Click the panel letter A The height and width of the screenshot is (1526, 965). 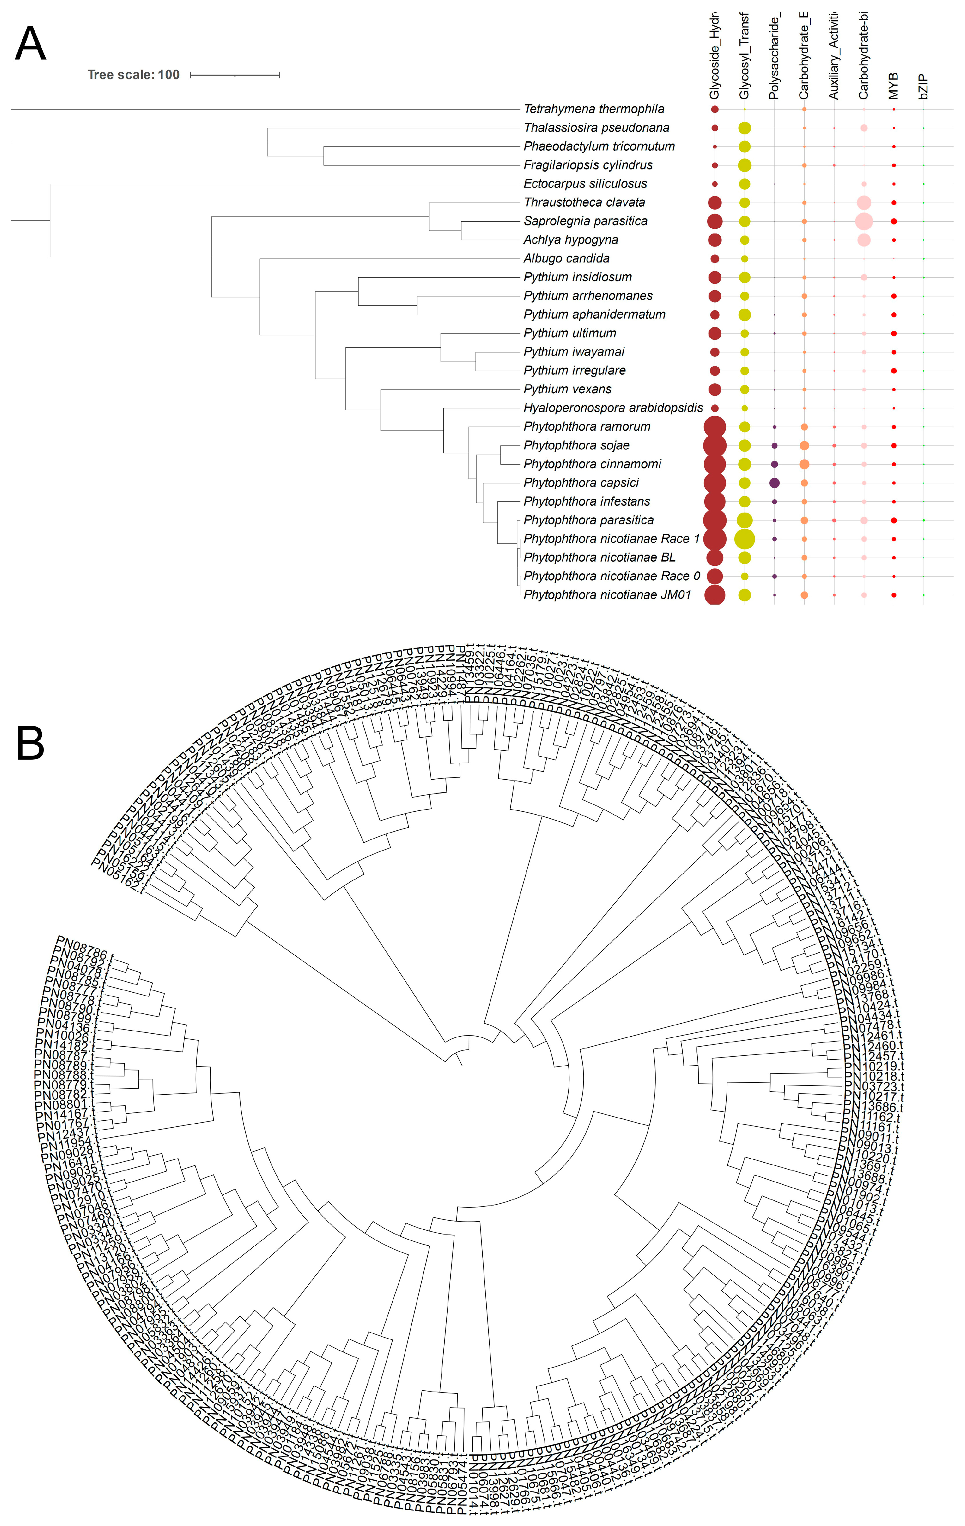(x=31, y=44)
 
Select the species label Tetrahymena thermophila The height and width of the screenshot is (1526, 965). (x=594, y=109)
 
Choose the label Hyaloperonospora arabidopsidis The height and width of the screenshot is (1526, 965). (x=613, y=407)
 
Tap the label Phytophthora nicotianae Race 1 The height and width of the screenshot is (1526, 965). (x=611, y=539)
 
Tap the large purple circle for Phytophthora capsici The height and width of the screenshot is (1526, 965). (x=774, y=483)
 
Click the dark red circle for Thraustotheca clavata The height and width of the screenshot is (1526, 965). (x=715, y=203)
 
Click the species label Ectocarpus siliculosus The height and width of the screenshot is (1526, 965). (x=585, y=184)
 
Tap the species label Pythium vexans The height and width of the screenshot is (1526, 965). (x=567, y=389)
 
